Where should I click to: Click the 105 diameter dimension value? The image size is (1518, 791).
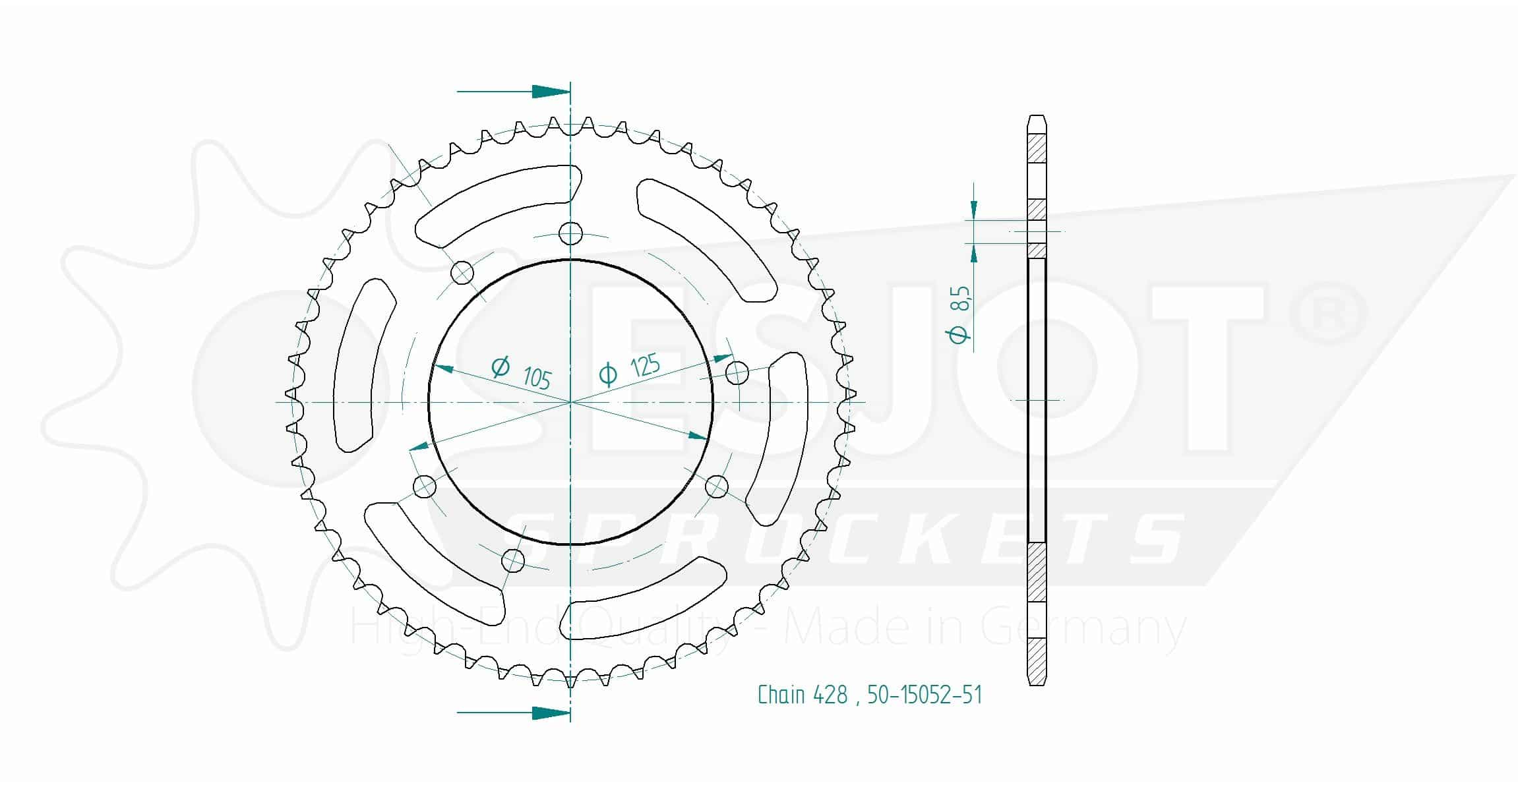537,378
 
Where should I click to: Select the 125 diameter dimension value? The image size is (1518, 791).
645,365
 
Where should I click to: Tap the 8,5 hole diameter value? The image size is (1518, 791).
961,299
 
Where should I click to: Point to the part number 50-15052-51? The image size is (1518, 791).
925,695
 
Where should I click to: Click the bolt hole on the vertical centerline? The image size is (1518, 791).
571,233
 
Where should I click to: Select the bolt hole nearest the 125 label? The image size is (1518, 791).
737,373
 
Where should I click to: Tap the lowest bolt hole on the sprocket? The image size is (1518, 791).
513,561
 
